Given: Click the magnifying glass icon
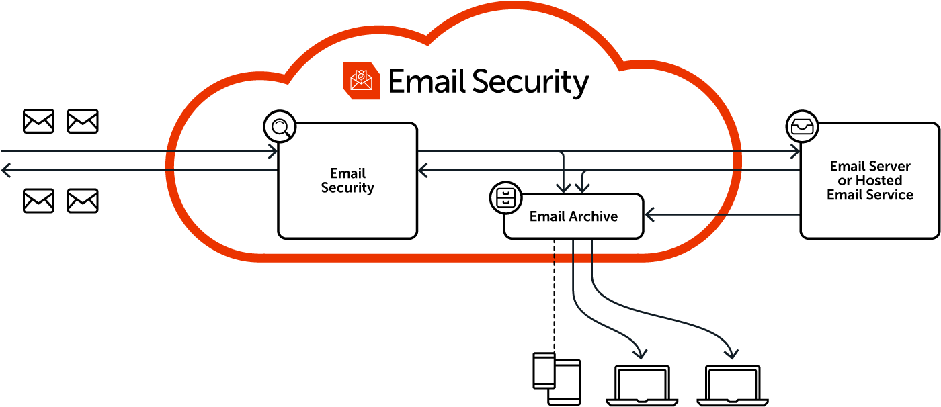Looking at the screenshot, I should pyautogui.click(x=280, y=127).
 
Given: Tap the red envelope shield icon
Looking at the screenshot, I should pyautogui.click(x=361, y=81).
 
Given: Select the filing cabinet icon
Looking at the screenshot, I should pyautogui.click(x=506, y=197).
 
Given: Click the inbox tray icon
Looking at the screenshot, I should pyautogui.click(x=802, y=126).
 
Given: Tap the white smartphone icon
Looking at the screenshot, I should pyautogui.click(x=544, y=370).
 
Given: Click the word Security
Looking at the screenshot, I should pyautogui.click(x=347, y=188).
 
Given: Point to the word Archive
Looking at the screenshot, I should pyautogui.click(x=593, y=216).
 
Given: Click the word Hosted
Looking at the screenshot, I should pyautogui.click(x=878, y=181).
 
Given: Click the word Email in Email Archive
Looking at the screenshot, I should pyautogui.click(x=547, y=216).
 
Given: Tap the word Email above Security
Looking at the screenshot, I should pyautogui.click(x=347, y=173).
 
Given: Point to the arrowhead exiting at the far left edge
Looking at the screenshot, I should pyautogui.click(x=5, y=171).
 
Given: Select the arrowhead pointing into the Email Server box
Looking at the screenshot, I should pyautogui.click(x=796, y=152).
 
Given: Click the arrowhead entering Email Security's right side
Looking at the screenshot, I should pyautogui.click(x=423, y=171).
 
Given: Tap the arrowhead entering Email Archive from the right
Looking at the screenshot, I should pyautogui.click(x=649, y=215).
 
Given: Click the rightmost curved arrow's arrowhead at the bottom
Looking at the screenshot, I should pyautogui.click(x=732, y=353).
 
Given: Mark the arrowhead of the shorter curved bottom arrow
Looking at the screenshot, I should pyautogui.click(x=641, y=353).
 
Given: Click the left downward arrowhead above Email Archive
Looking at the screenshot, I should pyautogui.click(x=565, y=187).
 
